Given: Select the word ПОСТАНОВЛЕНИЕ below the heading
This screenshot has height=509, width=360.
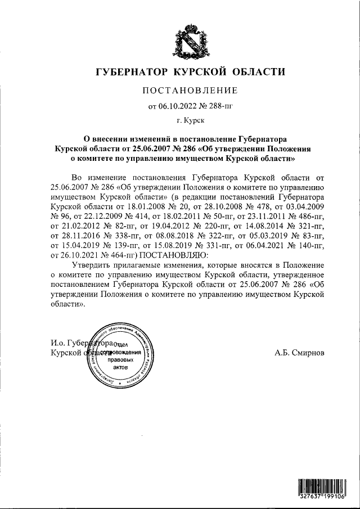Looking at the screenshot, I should click(190, 91).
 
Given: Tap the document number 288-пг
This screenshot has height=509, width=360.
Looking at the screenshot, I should click(221, 106).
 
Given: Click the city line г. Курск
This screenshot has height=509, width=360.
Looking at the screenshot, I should click(190, 120).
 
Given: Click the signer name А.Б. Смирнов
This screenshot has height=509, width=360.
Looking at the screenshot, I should click(299, 353).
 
